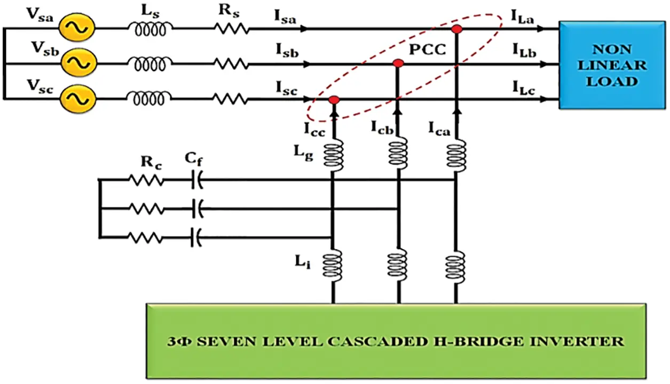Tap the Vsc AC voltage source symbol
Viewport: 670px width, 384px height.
[78, 99]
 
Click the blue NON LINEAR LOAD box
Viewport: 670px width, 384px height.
[612, 65]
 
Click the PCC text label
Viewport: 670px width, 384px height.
[427, 51]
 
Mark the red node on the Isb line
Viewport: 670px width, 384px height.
[397, 63]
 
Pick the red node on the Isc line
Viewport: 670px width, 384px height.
[334, 100]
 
